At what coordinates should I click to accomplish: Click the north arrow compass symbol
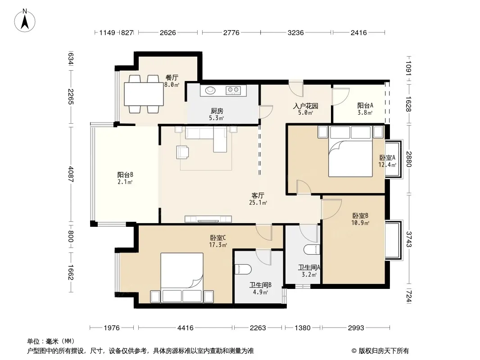tap(25, 21)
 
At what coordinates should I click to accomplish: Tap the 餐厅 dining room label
tap(172, 78)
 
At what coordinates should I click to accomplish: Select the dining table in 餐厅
tap(144, 94)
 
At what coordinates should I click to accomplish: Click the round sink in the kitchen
tap(210, 90)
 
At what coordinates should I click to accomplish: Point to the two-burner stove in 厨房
tap(233, 90)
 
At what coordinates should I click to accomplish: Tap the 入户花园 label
tap(305, 106)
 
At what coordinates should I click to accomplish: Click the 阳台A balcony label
tap(365, 105)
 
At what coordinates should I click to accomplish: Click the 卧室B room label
tap(360, 216)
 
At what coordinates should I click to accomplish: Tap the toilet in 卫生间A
tap(312, 250)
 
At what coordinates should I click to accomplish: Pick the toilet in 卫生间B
tap(243, 269)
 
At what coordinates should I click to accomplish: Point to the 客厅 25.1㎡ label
tap(258, 199)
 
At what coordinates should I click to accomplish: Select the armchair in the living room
tap(182, 152)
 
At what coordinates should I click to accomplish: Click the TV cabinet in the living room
tap(208, 219)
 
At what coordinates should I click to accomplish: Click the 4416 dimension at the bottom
tap(186, 328)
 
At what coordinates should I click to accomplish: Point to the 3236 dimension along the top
tap(296, 32)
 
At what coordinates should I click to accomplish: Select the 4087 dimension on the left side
tap(71, 174)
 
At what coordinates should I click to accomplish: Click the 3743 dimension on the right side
tap(409, 239)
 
